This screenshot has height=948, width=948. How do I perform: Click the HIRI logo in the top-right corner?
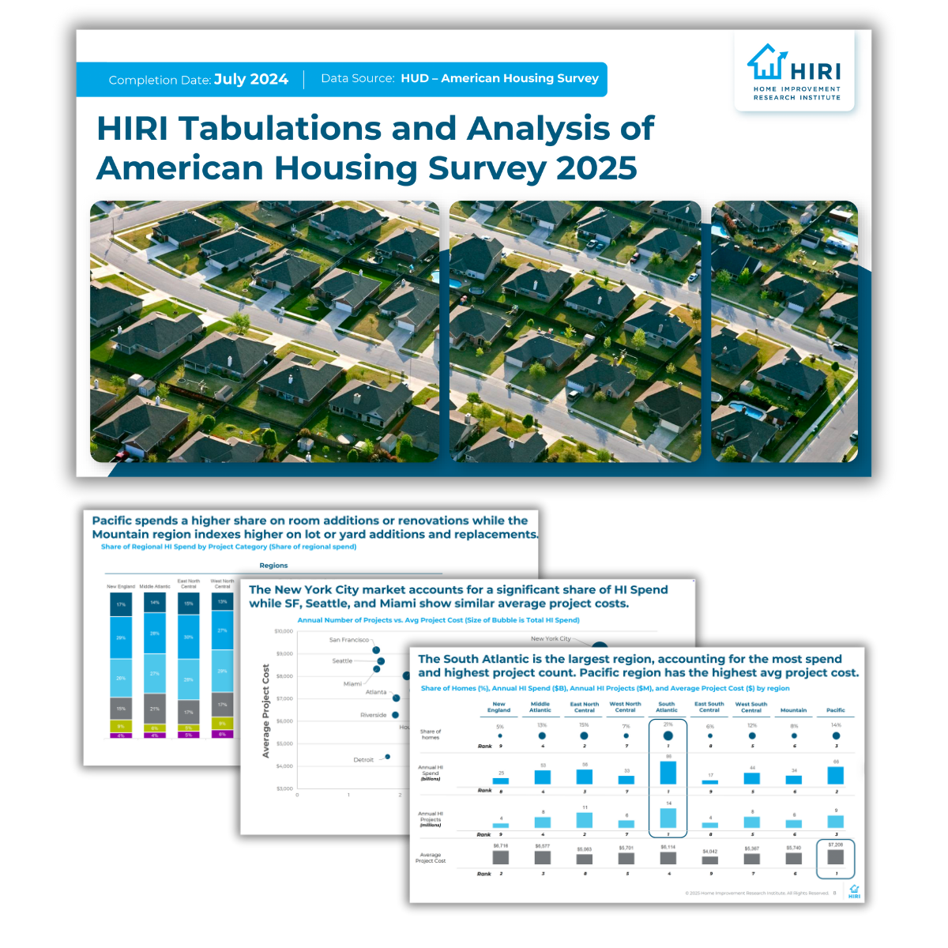[x=794, y=72]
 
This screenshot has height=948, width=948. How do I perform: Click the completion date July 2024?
[x=250, y=80]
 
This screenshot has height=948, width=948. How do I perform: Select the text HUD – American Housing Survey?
[x=499, y=78]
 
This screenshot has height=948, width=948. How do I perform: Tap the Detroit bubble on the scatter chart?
[x=387, y=757]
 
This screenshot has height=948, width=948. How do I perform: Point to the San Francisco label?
[x=348, y=640]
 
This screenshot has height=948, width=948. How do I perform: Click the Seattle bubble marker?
[x=381, y=661]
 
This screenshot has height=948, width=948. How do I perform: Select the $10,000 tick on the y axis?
[x=283, y=631]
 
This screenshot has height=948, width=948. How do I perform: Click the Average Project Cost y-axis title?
[x=266, y=711]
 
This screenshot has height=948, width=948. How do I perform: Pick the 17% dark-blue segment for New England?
[x=121, y=604]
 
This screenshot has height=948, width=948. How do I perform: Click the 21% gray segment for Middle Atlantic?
[x=155, y=709]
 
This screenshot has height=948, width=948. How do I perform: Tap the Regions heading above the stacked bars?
[x=273, y=566]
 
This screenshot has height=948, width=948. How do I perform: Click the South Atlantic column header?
[x=667, y=707]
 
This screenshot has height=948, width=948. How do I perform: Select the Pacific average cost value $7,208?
[x=836, y=845]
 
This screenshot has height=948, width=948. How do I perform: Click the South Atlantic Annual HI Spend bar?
[x=668, y=772]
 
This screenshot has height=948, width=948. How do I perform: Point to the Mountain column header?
[x=794, y=710]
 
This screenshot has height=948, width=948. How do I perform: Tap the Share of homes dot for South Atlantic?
[x=668, y=735]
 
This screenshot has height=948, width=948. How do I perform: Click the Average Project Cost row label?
[x=431, y=858]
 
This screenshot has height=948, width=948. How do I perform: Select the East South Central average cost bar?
[x=709, y=860]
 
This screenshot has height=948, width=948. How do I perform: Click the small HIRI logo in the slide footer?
[x=854, y=891]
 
